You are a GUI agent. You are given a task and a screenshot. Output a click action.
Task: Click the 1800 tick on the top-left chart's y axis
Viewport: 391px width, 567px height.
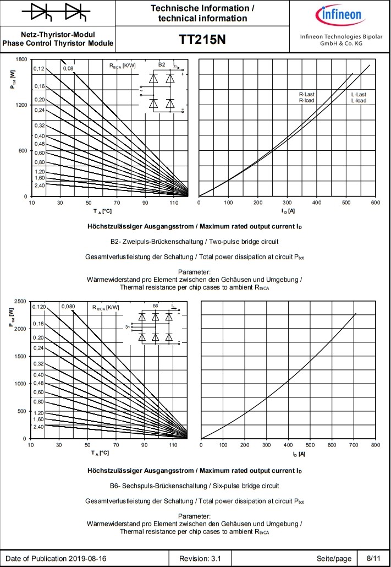tap(21, 59)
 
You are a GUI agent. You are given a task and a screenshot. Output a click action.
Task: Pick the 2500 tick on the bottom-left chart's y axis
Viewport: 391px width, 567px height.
tap(20, 301)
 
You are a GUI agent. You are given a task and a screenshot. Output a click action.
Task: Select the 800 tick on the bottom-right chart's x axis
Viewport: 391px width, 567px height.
tap(375, 445)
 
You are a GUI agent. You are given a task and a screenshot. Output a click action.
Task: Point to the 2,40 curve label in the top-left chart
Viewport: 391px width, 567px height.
tap(39, 186)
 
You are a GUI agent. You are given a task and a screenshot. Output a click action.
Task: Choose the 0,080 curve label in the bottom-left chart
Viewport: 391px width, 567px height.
tap(69, 306)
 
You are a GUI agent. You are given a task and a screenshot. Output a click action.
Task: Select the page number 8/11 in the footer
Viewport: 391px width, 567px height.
tap(367, 559)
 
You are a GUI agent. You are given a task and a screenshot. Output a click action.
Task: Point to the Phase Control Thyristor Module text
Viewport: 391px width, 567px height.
tap(58, 43)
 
